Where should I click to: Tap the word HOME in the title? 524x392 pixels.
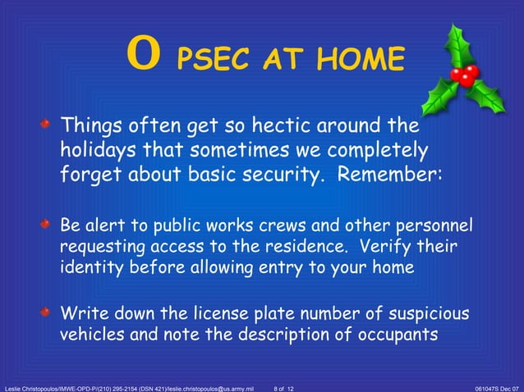[358, 60]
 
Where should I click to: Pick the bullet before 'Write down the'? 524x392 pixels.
[48, 313]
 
